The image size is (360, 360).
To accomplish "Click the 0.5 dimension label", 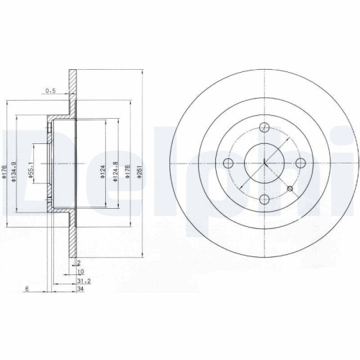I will [50, 91].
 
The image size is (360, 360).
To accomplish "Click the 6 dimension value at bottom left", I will [26, 289].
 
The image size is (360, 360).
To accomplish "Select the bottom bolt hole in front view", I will [264, 198].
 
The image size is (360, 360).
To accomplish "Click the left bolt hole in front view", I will [230, 163].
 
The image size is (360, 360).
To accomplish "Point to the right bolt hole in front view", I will [299, 163].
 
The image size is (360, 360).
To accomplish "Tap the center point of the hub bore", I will [264, 163].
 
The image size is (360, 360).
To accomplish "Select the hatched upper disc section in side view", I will [72, 90].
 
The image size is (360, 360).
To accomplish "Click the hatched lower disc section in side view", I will [72, 238].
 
